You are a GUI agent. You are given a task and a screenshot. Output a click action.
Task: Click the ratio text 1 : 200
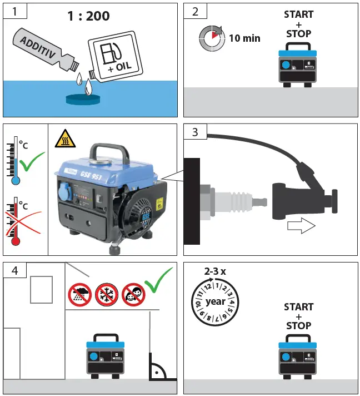[x=88, y=16]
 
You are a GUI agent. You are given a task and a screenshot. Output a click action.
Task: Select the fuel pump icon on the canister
[x=110, y=53]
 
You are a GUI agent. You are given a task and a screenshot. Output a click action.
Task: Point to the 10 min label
[x=244, y=38]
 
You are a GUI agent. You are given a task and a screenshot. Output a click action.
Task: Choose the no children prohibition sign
[x=130, y=293]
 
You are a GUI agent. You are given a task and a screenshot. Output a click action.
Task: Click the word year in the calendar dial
[x=216, y=301]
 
